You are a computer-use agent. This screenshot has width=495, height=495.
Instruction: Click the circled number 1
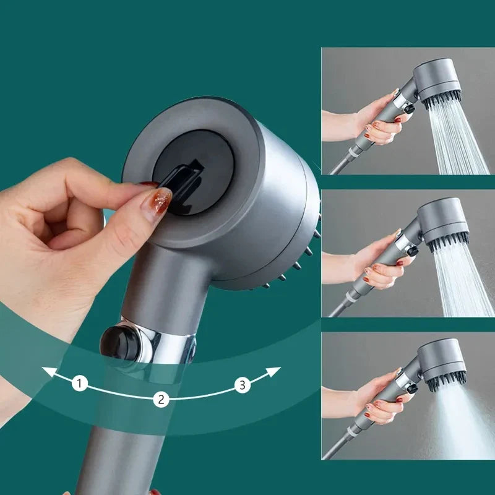[x=79, y=384]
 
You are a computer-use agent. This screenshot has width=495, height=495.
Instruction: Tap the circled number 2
[x=161, y=399]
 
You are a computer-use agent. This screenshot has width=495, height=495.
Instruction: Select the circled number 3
[x=243, y=385]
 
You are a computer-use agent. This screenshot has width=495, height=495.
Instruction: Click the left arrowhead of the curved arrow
[x=46, y=372]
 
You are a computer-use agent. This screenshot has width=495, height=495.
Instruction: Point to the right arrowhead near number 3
[x=276, y=371]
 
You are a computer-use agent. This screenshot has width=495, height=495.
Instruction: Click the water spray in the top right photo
[x=461, y=142]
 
